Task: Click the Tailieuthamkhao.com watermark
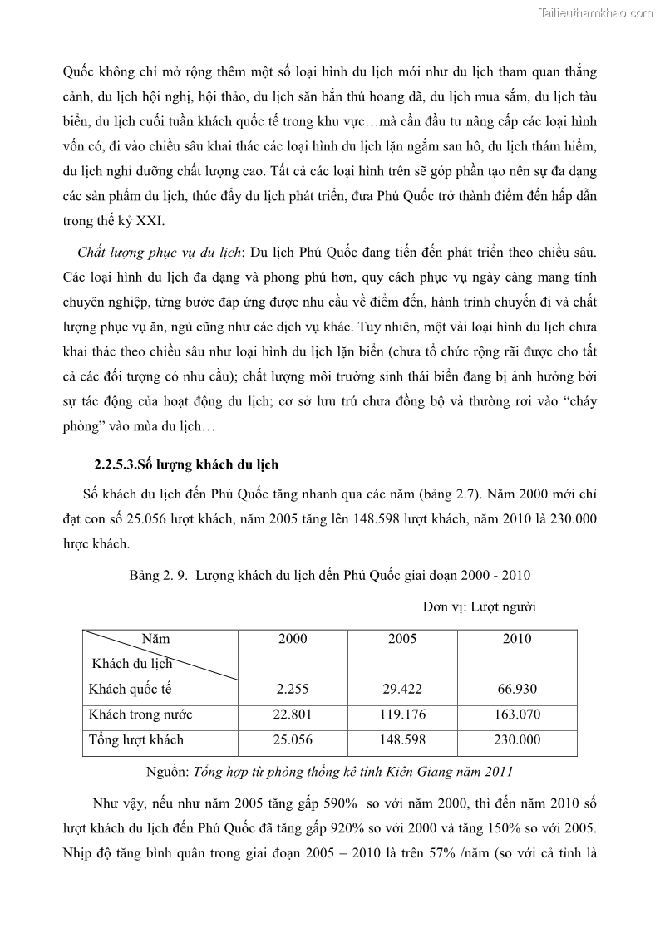(x=596, y=12)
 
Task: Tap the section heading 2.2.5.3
(x=185, y=464)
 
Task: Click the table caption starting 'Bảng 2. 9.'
(x=329, y=575)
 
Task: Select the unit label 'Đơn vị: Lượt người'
(x=479, y=606)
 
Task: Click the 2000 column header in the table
(x=293, y=639)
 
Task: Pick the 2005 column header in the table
(x=402, y=639)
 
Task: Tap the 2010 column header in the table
(x=517, y=639)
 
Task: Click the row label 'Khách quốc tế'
(x=130, y=690)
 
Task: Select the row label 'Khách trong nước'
(x=140, y=714)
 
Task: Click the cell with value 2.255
(x=293, y=690)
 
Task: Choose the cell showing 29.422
(x=402, y=690)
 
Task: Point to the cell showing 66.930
(x=517, y=690)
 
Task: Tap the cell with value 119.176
(x=402, y=714)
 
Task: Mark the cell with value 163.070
(x=517, y=714)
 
